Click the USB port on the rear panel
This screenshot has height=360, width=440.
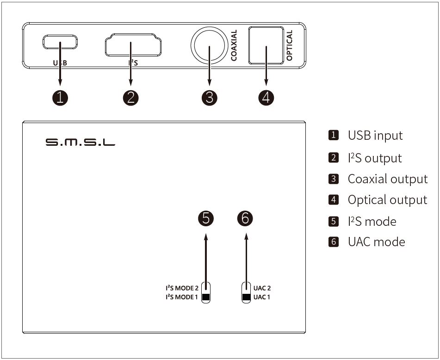pyautogui.click(x=60, y=43)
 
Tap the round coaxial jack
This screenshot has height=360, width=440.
pyautogui.click(x=209, y=46)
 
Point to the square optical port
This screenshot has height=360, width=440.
pyautogui.click(x=266, y=45)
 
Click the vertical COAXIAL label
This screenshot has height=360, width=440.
pyautogui.click(x=234, y=45)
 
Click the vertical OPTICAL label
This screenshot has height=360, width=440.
pyautogui.click(x=290, y=45)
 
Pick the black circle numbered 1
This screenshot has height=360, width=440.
pyautogui.click(x=60, y=98)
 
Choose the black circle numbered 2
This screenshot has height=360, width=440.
pyautogui.click(x=131, y=98)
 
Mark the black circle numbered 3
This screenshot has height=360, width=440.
pyautogui.click(x=210, y=98)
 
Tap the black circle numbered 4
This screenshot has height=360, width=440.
pyautogui.click(x=266, y=98)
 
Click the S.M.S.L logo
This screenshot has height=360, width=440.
pyautogui.click(x=80, y=142)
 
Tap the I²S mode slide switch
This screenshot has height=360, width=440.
pyautogui.click(x=206, y=292)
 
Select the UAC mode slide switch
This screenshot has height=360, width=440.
pyautogui.click(x=246, y=292)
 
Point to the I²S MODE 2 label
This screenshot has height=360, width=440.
pyautogui.click(x=182, y=288)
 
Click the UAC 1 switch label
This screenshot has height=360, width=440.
pyautogui.click(x=262, y=297)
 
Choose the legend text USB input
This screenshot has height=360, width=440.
pyautogui.click(x=375, y=136)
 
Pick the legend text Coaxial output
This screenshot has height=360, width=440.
pyautogui.click(x=387, y=179)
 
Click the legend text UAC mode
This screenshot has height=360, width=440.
pyautogui.click(x=376, y=242)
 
